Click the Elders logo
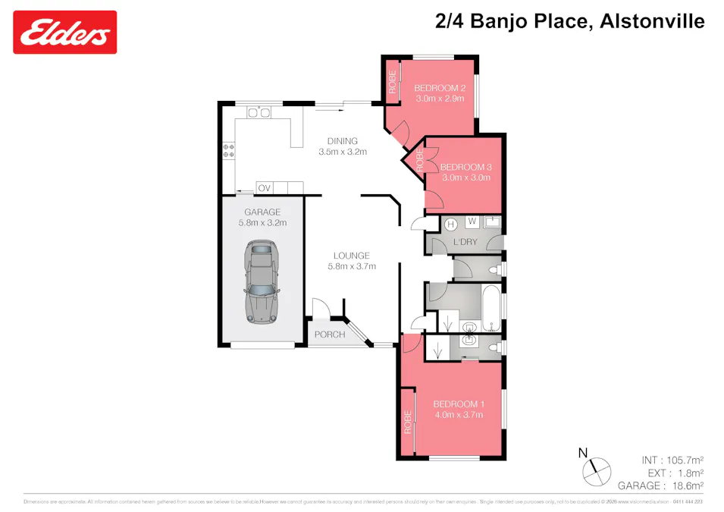click(65, 33)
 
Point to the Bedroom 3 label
click(466, 167)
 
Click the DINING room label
click(343, 140)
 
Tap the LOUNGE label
click(352, 256)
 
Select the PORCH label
click(330, 335)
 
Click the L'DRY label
click(465, 242)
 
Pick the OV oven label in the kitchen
click(265, 188)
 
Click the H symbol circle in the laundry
click(450, 223)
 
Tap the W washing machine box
click(471, 221)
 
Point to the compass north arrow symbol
click(595, 469)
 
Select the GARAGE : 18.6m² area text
click(661, 485)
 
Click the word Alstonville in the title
click(652, 21)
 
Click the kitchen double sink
click(259, 113)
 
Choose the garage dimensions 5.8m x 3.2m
click(262, 223)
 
